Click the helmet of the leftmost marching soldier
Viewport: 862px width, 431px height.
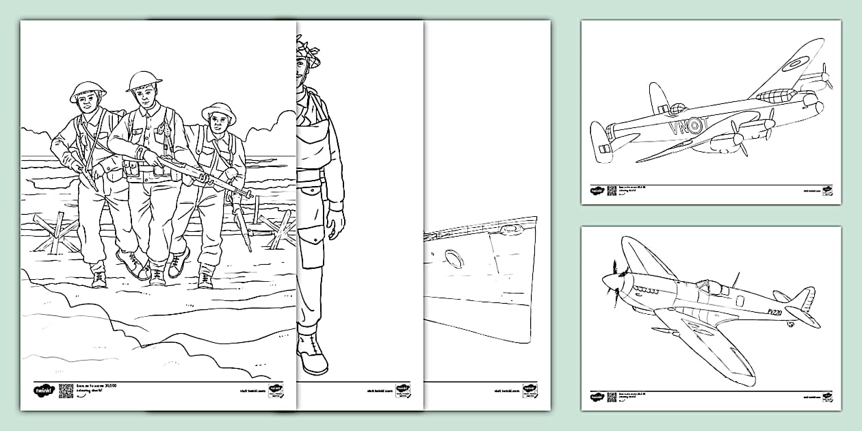click(x=88, y=90)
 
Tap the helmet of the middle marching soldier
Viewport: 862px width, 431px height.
click(x=144, y=79)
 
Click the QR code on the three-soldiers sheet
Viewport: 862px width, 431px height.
click(x=66, y=390)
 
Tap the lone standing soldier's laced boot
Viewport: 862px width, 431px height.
click(x=312, y=353)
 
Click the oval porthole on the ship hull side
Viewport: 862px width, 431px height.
click(x=453, y=258)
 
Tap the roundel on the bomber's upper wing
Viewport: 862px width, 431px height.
click(x=794, y=64)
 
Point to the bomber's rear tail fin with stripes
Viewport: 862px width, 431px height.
click(x=600, y=142)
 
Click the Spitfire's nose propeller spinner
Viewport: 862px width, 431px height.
click(x=608, y=280)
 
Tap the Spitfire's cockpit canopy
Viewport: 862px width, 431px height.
click(x=711, y=288)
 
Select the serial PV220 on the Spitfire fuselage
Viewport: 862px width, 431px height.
click(x=773, y=312)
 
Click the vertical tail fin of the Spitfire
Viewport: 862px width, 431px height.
click(x=802, y=298)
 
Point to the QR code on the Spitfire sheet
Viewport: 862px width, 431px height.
click(x=612, y=397)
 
